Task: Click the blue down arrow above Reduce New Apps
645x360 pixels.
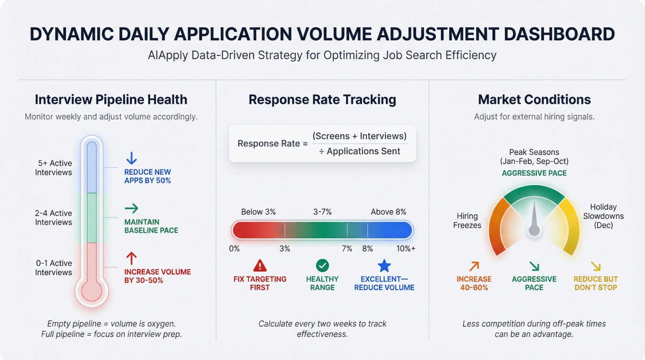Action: [x=131, y=158]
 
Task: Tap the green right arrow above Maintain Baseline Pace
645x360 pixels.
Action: [x=131, y=208]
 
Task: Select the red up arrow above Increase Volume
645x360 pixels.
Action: [x=131, y=258]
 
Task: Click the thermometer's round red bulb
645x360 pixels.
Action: [x=92, y=291]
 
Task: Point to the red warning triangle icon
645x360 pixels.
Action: [x=260, y=266]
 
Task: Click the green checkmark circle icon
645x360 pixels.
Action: [x=322, y=265]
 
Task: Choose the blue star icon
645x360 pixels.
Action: [x=384, y=266]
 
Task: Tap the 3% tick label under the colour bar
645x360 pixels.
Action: [x=285, y=249]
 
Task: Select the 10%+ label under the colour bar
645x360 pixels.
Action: [x=406, y=249]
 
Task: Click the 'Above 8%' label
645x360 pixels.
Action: [x=388, y=212]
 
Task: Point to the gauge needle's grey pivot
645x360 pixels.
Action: [x=534, y=230]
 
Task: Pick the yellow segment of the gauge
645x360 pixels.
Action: [x=570, y=223]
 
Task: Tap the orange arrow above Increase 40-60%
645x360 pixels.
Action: [x=474, y=266]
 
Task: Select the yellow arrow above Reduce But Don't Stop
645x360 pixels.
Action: [x=596, y=266]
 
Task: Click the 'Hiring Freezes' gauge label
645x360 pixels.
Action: [x=467, y=221]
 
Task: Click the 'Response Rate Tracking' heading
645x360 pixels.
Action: [x=322, y=100]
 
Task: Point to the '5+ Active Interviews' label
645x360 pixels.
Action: [x=54, y=168]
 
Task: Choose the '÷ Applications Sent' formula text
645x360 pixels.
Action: [x=360, y=151]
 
